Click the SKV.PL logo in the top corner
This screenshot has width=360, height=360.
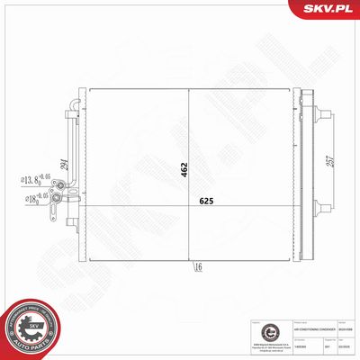[x=331, y=10]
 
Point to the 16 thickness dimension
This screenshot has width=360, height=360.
[x=198, y=266]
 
